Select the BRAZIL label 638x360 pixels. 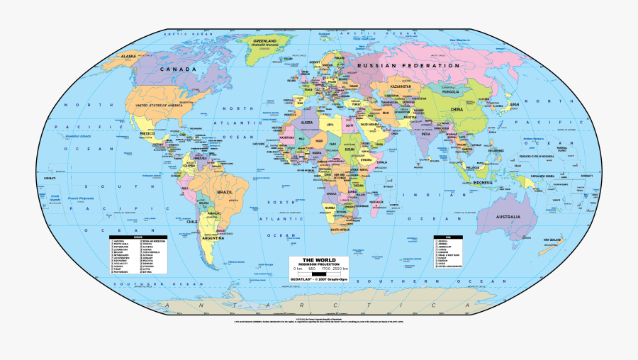coord(225,192)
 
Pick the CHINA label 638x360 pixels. coord(456,110)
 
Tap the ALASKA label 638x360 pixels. coord(128,55)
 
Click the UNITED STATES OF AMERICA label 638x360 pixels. coord(159,106)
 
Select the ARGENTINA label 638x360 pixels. coord(213,239)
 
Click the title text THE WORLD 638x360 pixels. coord(318,260)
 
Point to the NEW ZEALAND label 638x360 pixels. coord(553,240)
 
